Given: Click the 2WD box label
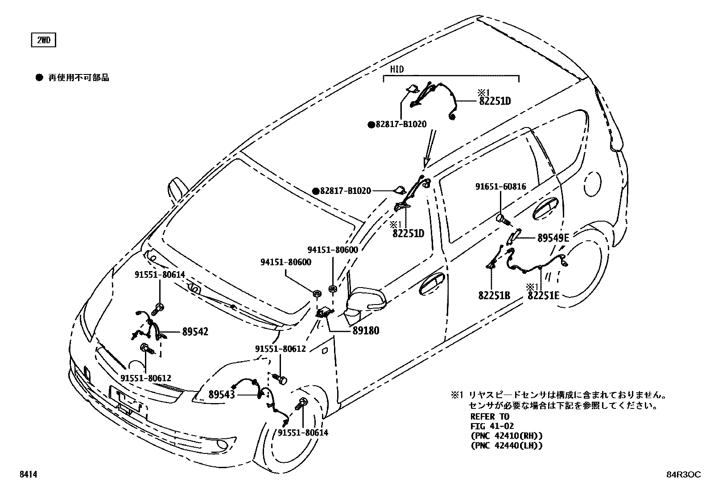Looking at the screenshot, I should click(43, 41).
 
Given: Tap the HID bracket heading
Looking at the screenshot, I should click(396, 70).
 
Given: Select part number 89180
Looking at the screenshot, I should click(366, 331).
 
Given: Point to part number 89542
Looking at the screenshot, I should click(195, 332).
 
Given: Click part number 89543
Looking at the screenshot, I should click(222, 394).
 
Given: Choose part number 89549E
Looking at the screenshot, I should click(553, 238).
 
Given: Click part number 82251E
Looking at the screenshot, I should click(543, 295).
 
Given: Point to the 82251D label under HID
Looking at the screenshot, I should click(495, 101).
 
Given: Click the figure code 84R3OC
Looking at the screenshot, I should click(681, 475).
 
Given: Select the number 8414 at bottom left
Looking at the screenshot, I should click(28, 475).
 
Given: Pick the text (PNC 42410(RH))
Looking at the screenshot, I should click(507, 436).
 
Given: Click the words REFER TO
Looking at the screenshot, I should click(490, 416).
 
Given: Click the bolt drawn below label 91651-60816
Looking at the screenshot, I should click(503, 219).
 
